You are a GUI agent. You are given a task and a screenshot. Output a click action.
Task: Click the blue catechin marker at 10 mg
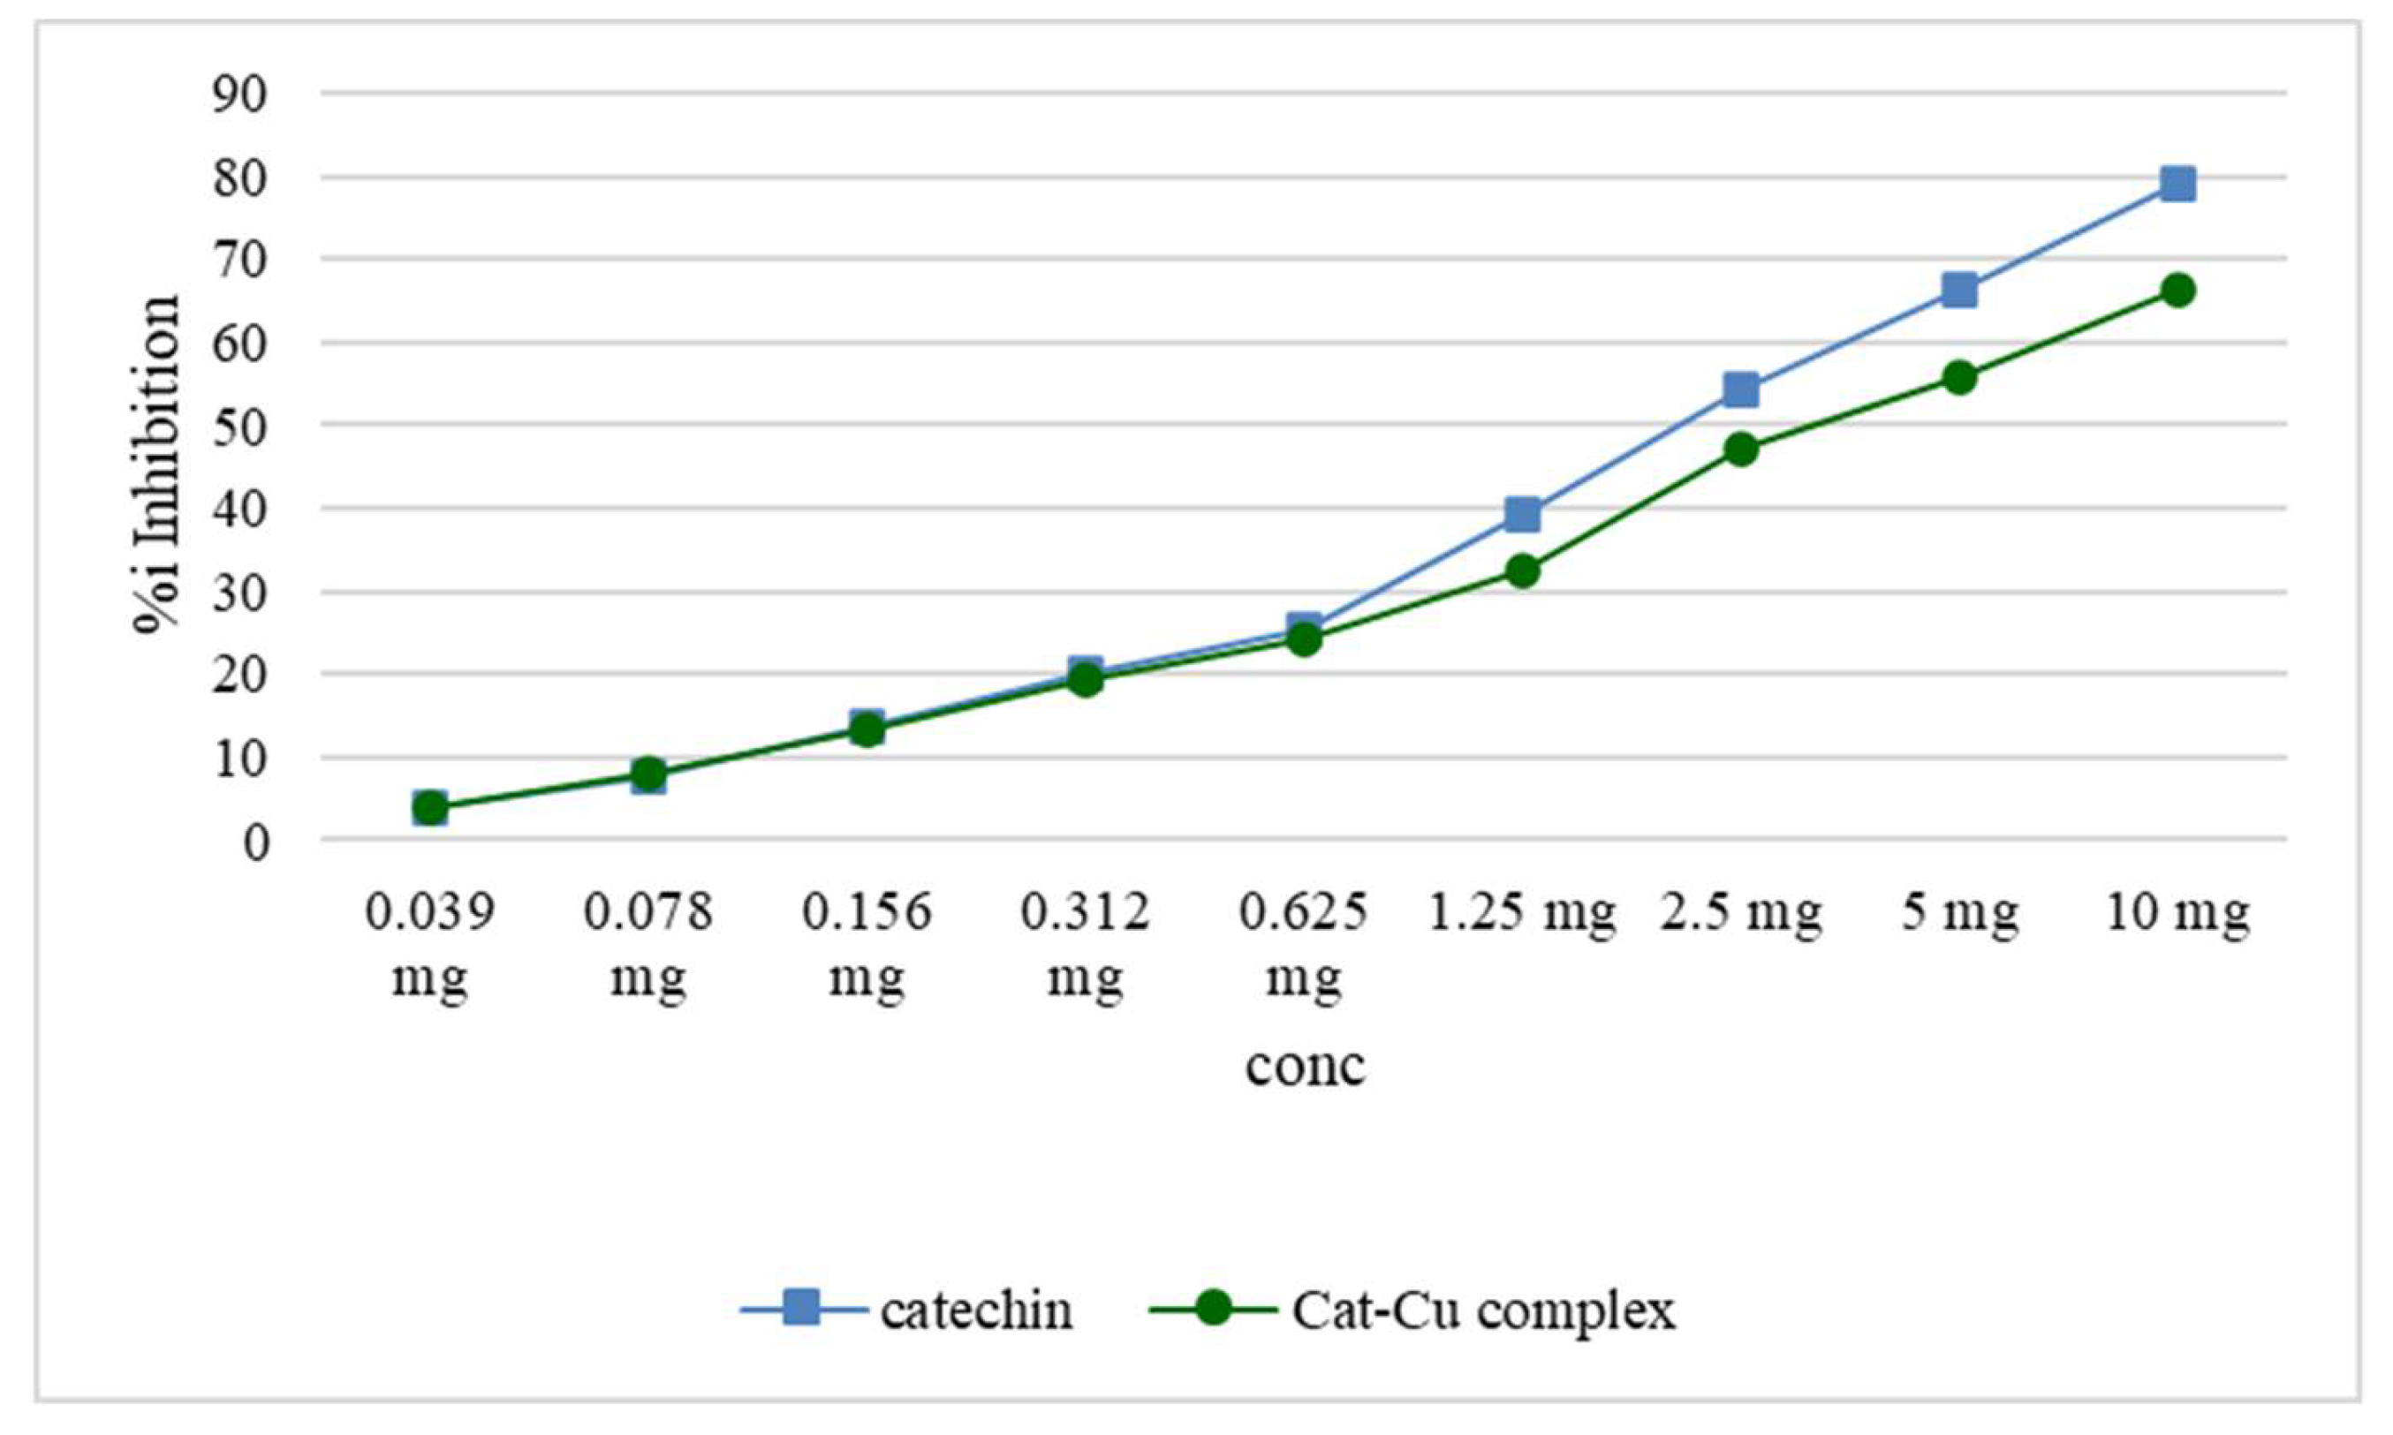click(x=2177, y=183)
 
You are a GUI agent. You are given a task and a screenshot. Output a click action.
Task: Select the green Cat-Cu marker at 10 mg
click(x=2177, y=291)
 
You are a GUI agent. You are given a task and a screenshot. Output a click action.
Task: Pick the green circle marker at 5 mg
click(x=1958, y=377)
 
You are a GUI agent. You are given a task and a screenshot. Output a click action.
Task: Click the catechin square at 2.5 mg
click(x=1740, y=389)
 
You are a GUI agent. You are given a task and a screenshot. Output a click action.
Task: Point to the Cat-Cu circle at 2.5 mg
click(x=1740, y=449)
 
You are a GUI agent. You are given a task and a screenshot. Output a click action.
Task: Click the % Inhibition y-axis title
click(x=157, y=464)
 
